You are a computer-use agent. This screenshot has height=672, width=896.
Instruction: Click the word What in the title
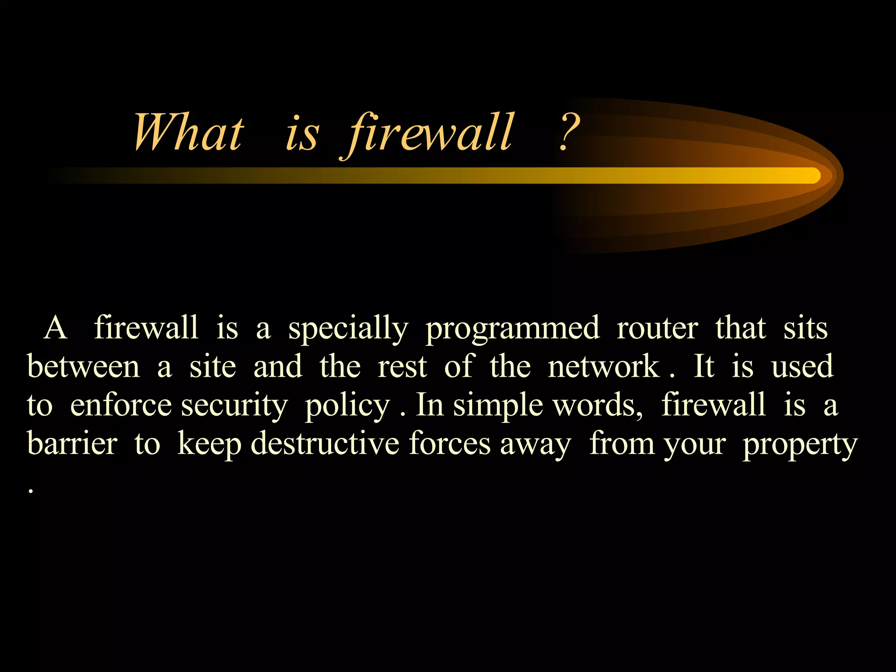[x=188, y=132]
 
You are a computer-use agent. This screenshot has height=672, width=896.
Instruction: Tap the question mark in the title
[x=569, y=132]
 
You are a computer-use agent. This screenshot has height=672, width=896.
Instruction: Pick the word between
[x=84, y=366]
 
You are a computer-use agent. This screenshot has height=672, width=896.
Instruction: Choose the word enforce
[x=121, y=405]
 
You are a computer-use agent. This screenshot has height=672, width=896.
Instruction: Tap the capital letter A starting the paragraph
[x=56, y=328]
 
